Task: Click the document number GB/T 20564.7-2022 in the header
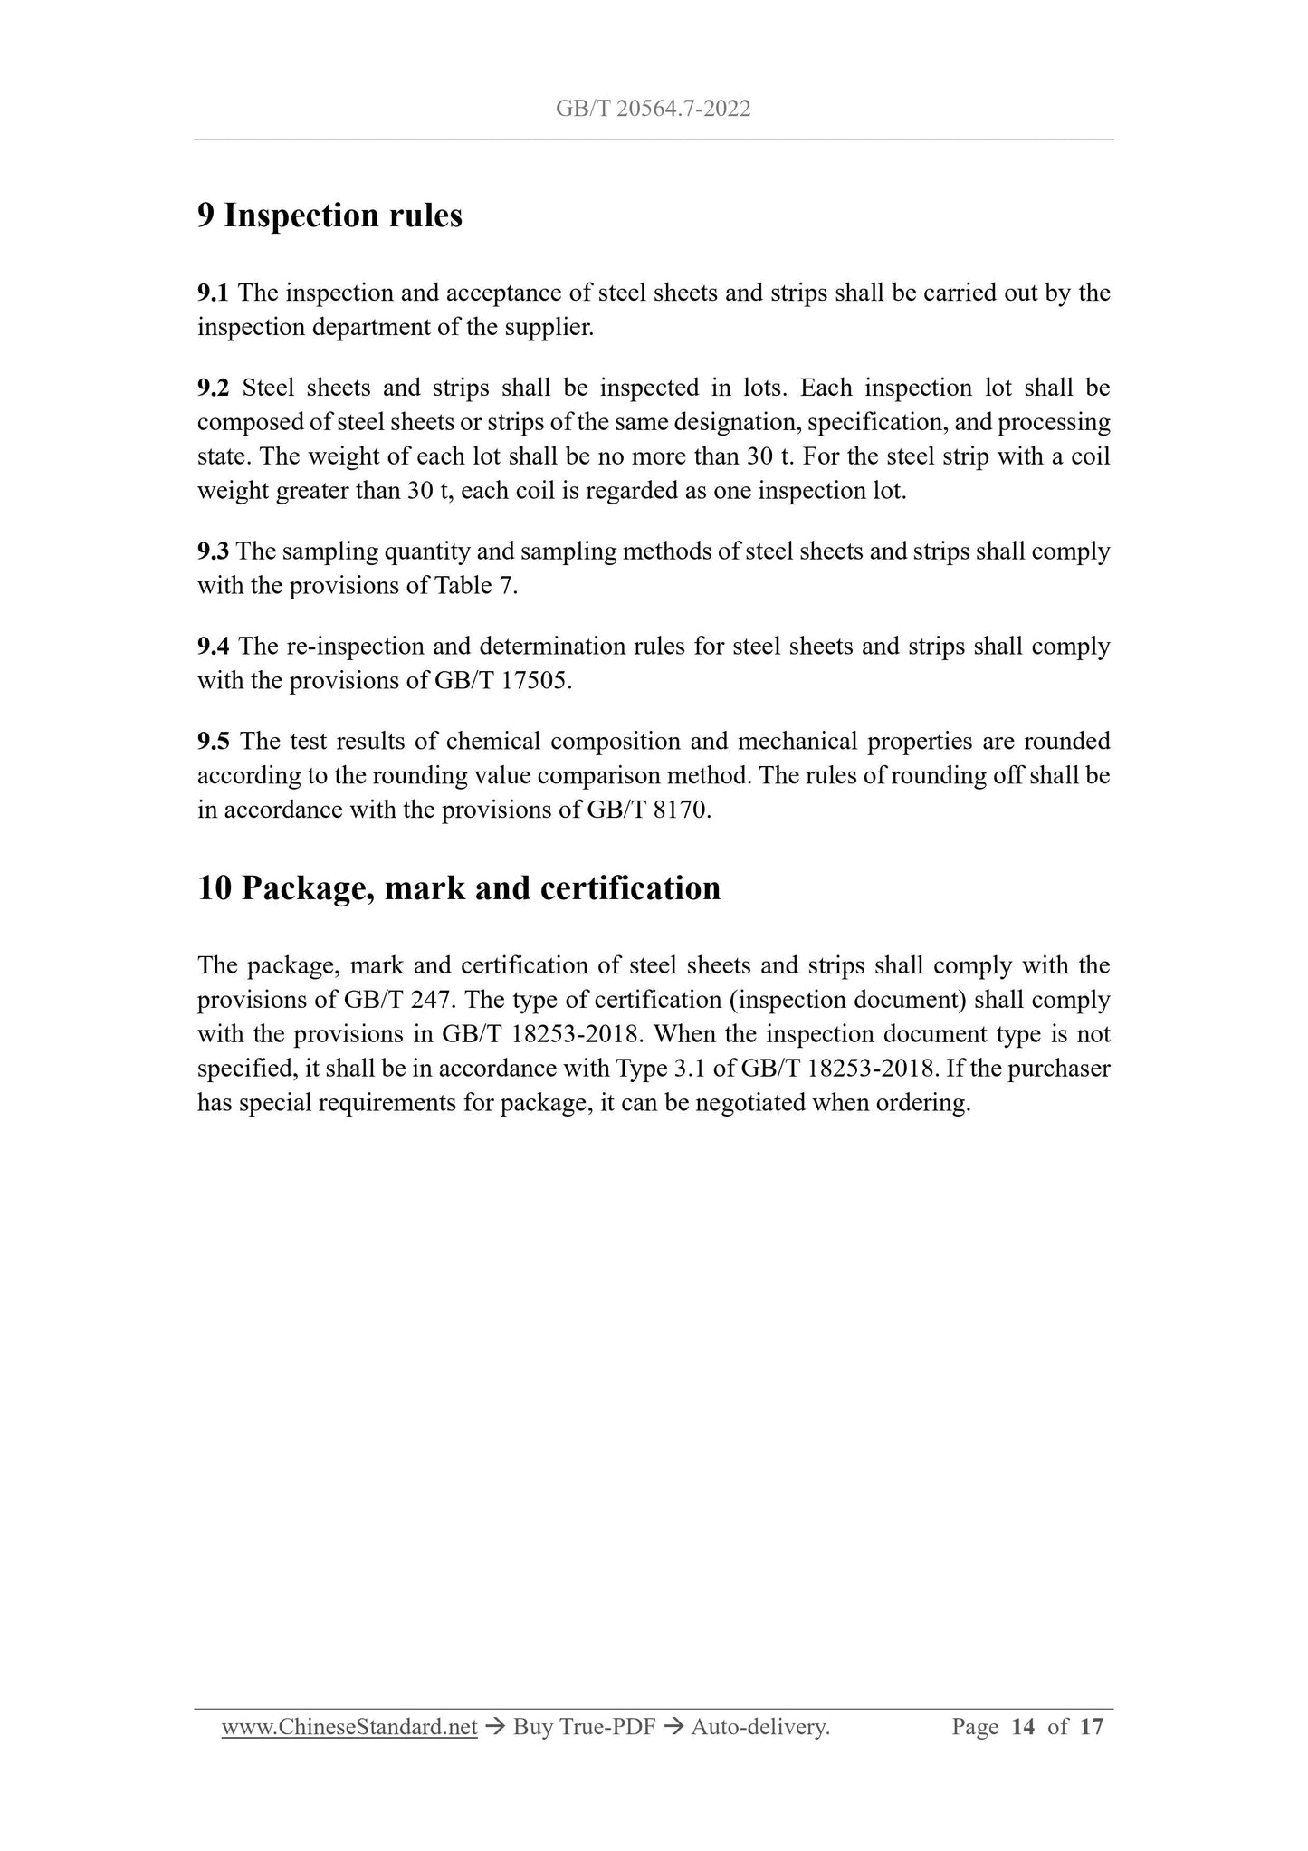[653, 110]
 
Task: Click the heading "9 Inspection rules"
[329, 216]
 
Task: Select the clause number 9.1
[213, 293]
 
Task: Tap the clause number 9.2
[213, 388]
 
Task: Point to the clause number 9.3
[213, 551]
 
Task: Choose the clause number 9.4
[213, 647]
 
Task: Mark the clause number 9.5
[213, 742]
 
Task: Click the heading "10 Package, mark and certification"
[459, 888]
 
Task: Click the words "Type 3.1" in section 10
[654, 1069]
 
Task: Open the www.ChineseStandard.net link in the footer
[349, 1728]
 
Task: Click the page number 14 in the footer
[1023, 1728]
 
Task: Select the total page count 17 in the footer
[1092, 1728]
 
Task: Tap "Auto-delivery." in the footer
[759, 1728]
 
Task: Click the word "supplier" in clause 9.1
[555, 328]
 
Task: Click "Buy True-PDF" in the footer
[583, 1728]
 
